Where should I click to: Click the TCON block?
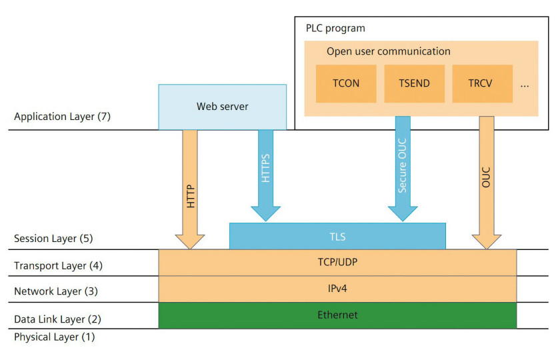tap(346, 83)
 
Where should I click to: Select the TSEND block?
tap(414, 83)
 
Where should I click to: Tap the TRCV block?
tap(483, 83)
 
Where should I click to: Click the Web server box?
tap(223, 107)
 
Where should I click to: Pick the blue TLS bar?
tap(337, 236)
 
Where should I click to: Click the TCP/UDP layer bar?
tap(337, 263)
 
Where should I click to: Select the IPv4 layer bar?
tap(337, 289)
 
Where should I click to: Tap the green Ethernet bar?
tap(337, 315)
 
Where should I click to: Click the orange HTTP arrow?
tap(190, 189)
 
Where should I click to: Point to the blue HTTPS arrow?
tap(266, 175)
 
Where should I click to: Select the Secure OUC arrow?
tap(403, 169)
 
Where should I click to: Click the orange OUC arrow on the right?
tap(487, 183)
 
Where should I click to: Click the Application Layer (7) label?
tap(62, 117)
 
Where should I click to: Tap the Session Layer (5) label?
tap(53, 238)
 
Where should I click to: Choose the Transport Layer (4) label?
tap(58, 266)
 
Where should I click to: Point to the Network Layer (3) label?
tap(56, 291)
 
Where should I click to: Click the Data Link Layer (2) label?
tap(57, 319)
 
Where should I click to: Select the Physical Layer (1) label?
tap(54, 337)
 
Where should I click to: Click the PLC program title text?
tap(335, 28)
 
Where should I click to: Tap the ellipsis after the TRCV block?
tap(525, 86)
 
